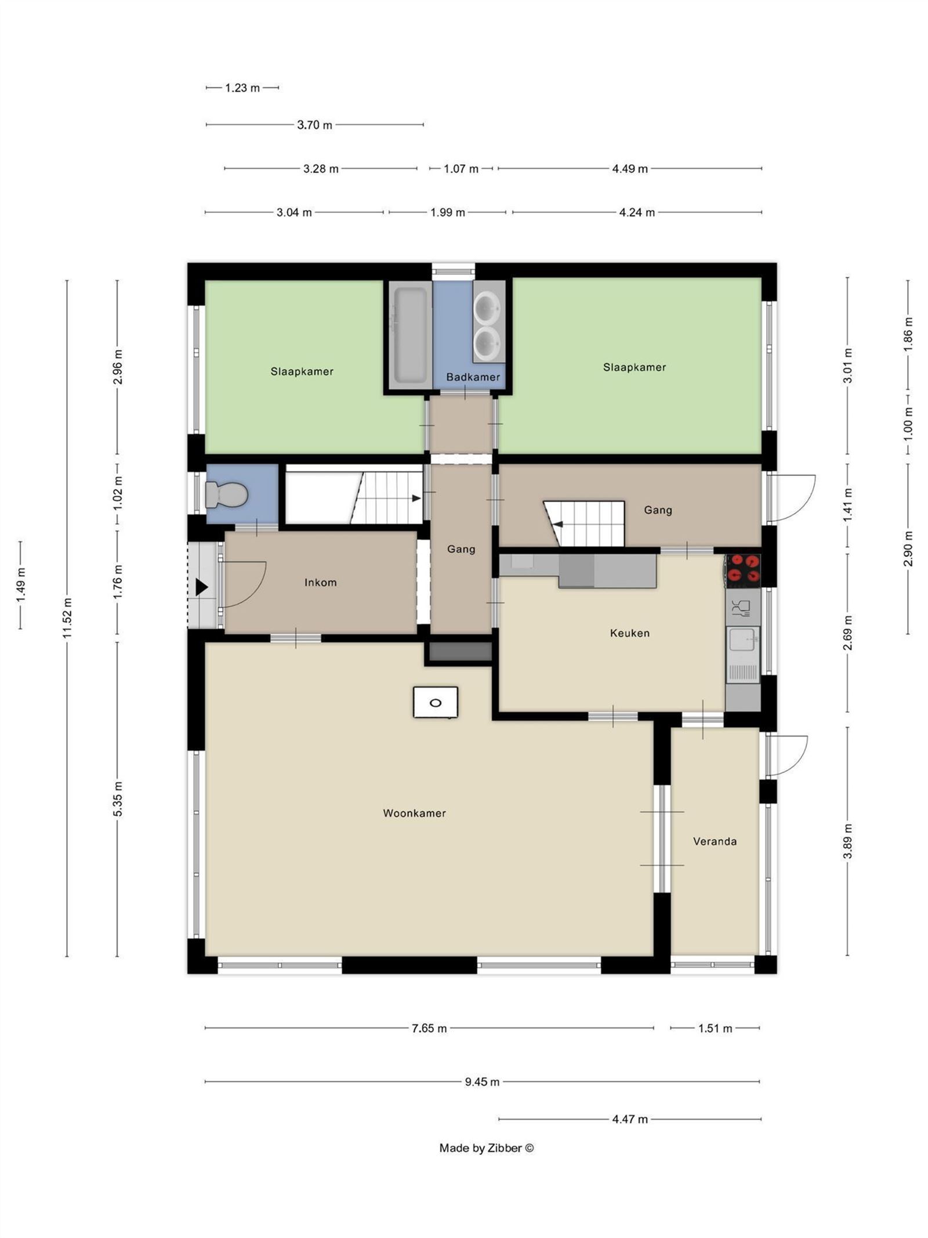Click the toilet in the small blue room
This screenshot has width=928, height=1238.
(x=226, y=494)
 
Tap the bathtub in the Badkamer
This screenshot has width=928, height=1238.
(x=410, y=335)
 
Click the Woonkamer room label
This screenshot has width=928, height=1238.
(x=414, y=813)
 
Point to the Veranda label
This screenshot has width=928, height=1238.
(x=715, y=841)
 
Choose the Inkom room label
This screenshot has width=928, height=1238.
(x=320, y=582)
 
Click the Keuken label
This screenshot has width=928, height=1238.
(x=629, y=633)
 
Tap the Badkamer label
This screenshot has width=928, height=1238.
(x=473, y=377)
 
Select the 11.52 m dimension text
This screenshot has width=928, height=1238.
(x=67, y=618)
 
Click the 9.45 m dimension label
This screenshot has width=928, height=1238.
(x=482, y=1081)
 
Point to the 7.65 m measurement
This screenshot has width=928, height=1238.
(x=429, y=1028)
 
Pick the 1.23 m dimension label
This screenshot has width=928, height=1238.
(x=242, y=88)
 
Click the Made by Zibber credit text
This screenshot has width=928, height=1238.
(x=486, y=1147)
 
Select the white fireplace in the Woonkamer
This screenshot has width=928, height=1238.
(x=435, y=702)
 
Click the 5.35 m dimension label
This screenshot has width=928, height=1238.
(x=118, y=799)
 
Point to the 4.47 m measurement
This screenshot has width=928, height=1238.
(x=629, y=1118)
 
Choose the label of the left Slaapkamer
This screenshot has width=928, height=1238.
(x=302, y=371)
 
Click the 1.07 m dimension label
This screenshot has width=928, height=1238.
(x=461, y=168)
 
